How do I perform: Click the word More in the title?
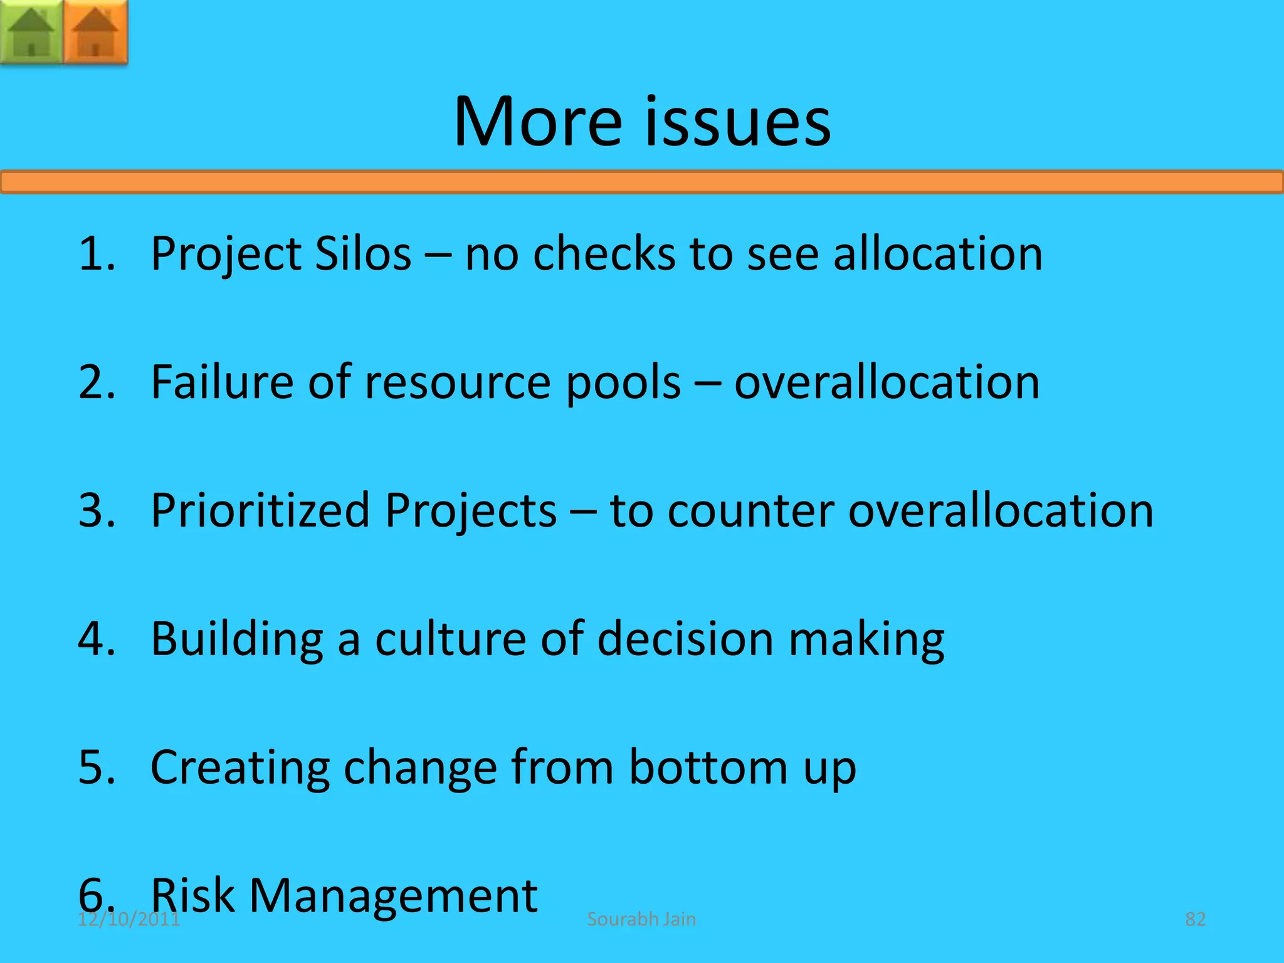coord(538,122)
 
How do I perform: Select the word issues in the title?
coord(738,122)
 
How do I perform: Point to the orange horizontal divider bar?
coord(642,182)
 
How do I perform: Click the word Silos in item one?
coord(363,253)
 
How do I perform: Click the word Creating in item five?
coord(240,767)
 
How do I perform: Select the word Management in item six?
coord(393,897)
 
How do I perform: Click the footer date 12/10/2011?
coord(129,920)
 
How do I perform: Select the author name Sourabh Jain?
coord(641,919)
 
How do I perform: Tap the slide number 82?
coord(1195,919)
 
